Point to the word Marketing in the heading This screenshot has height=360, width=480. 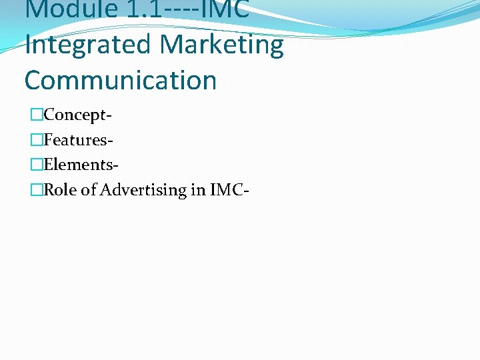tap(222, 45)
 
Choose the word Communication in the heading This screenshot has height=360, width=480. tap(121, 80)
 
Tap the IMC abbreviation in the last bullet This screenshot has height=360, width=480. tap(227, 190)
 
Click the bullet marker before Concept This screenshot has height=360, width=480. tap(36, 115)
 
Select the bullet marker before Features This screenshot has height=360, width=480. tap(36, 140)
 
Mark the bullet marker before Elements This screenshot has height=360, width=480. tap(36, 165)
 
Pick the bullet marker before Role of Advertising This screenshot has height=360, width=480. tap(36, 190)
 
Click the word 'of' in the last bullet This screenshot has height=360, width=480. tap(89, 190)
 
